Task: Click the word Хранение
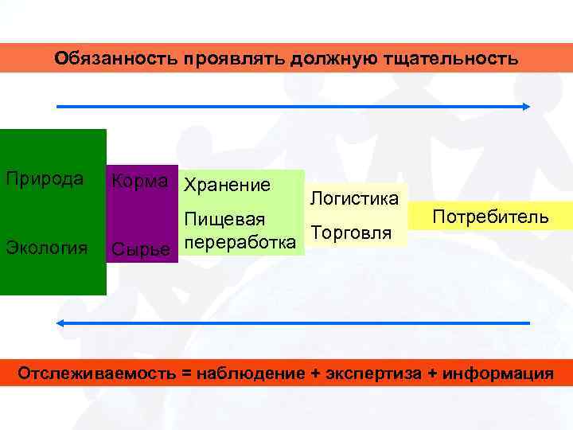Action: (227, 186)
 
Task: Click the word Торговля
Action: (353, 233)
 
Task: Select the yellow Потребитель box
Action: (489, 217)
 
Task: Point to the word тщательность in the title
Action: (455, 59)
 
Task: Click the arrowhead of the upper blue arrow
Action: (526, 106)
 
